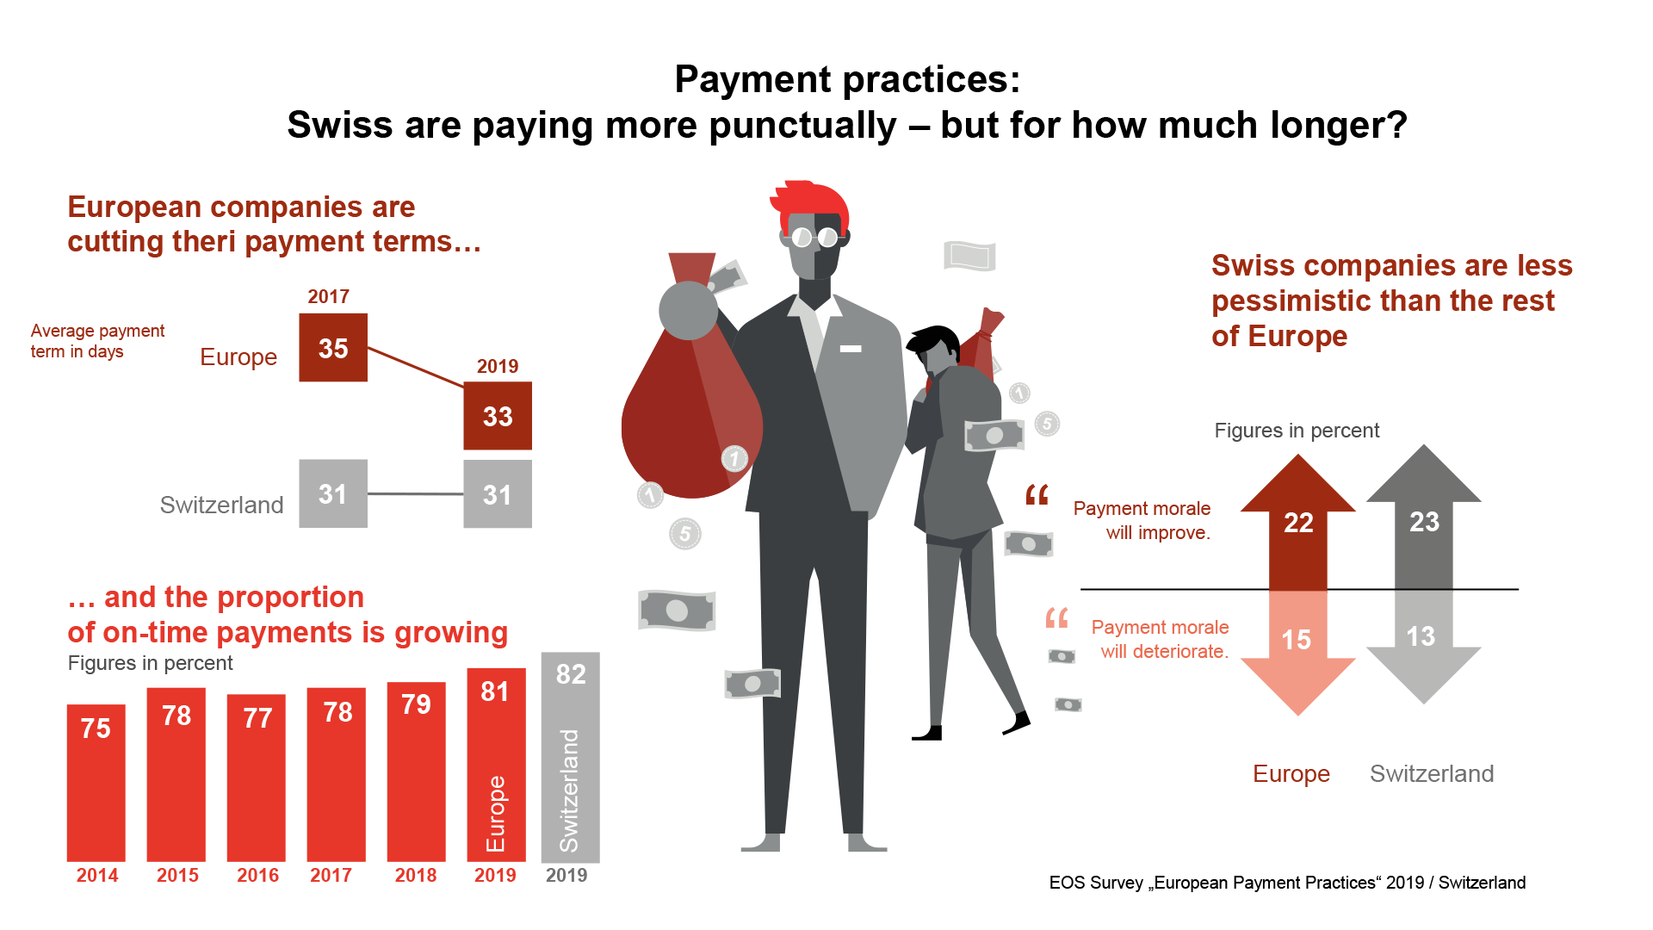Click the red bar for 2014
click(x=96, y=783)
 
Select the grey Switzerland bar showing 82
click(x=570, y=757)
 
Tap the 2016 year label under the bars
click(x=257, y=876)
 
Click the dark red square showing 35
click(x=333, y=348)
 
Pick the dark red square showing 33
click(x=498, y=416)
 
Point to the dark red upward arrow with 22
click(x=1298, y=522)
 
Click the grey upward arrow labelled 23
click(x=1424, y=517)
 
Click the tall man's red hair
click(x=809, y=203)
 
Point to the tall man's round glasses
click(x=814, y=237)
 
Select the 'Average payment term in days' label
click(x=97, y=341)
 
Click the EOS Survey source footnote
click(x=1287, y=883)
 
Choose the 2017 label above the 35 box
click(x=328, y=296)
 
